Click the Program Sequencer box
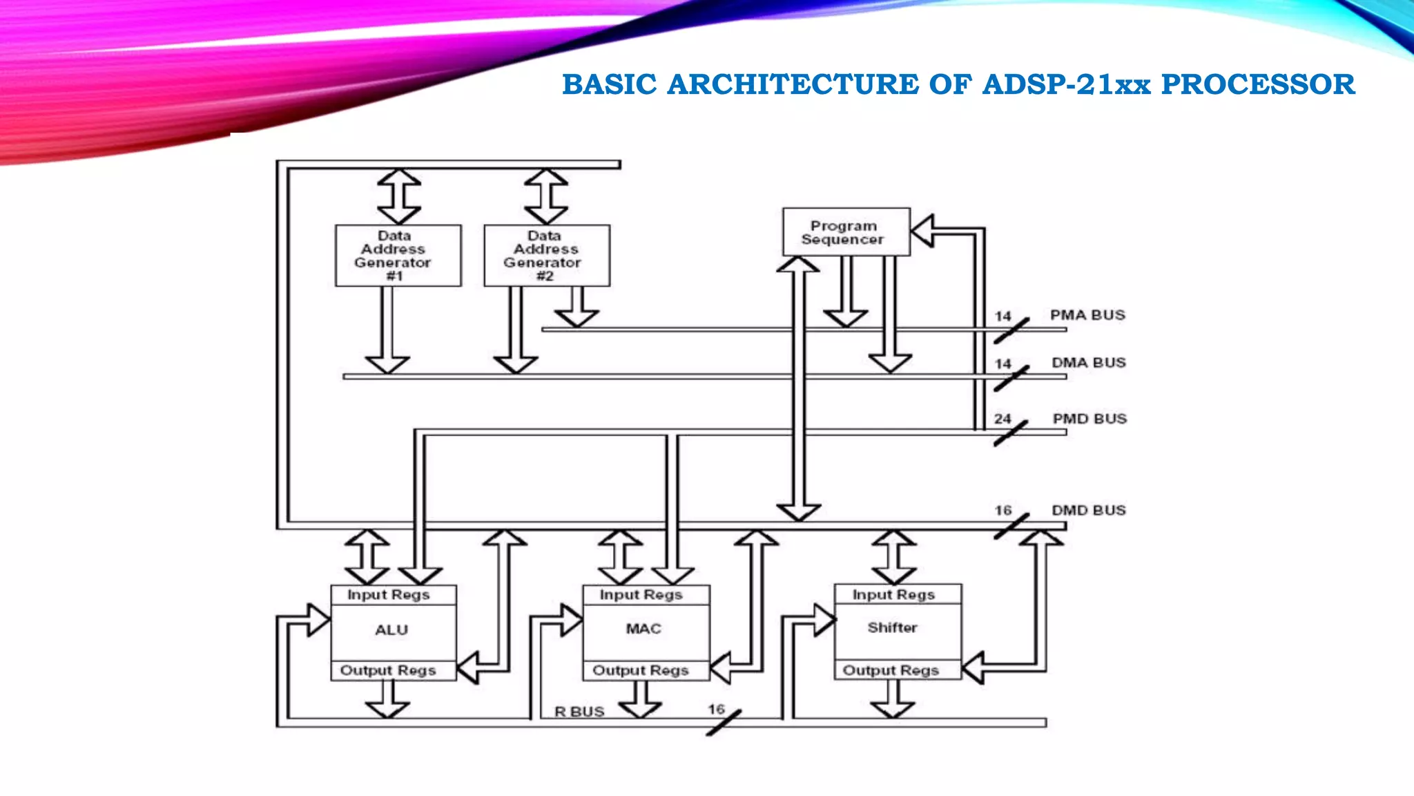846,232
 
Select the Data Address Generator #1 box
398,256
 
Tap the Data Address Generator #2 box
547,256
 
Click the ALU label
391,630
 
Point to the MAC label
643,629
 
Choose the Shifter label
893,627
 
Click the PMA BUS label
1087,315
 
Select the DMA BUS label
1088,363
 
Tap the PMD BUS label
1089,419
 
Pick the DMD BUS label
1088,511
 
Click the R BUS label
579,712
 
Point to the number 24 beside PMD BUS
1003,419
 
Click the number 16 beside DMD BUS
1003,511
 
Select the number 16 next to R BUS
716,710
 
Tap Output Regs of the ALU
388,670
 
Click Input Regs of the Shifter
893,595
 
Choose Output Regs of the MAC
641,670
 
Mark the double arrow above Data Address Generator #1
399,197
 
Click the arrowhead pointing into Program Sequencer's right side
922,231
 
